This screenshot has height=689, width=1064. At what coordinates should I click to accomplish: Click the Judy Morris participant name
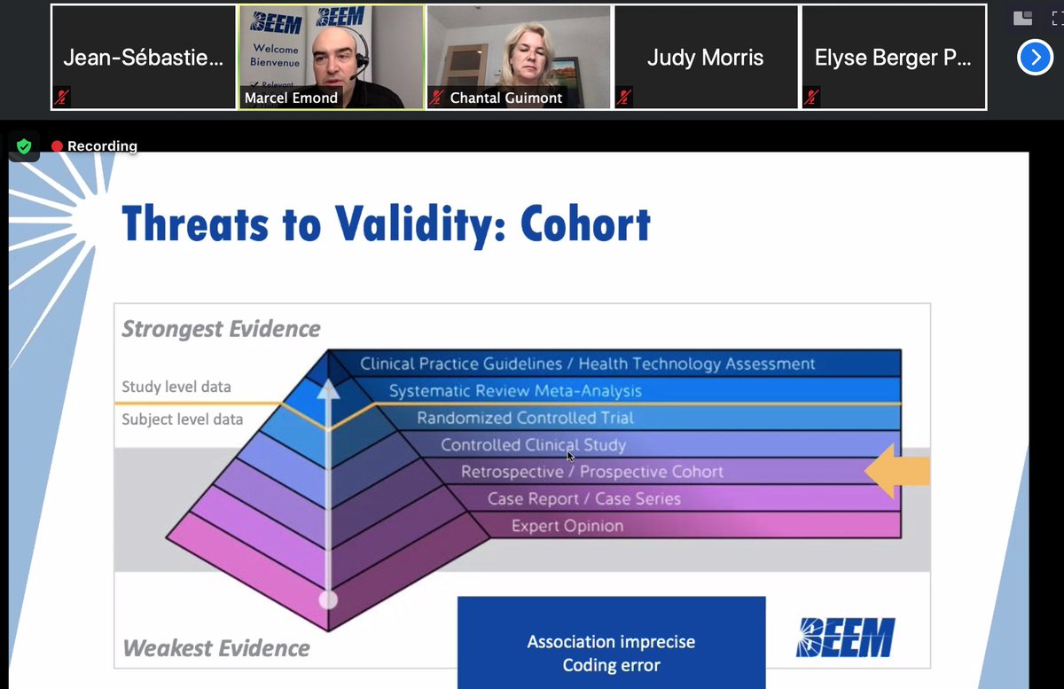(705, 59)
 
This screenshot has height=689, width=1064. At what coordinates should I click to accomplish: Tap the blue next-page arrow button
(1035, 58)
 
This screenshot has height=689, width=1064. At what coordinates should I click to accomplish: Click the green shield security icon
(24, 146)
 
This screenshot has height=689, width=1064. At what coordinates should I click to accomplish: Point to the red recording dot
(58, 146)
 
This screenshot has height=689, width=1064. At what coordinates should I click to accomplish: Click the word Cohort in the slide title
(585, 223)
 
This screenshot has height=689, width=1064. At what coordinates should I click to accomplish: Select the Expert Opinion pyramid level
(567, 526)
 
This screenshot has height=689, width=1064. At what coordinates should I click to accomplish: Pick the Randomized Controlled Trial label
(526, 418)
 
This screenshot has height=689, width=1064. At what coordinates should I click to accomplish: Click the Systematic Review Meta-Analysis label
(515, 391)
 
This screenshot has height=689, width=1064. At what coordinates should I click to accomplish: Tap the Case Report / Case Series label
(584, 499)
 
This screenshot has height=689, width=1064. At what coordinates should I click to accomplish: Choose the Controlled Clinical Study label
(534, 445)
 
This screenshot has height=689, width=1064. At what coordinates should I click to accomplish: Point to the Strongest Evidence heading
(221, 329)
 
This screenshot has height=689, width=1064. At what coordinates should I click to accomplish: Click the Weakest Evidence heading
(216, 648)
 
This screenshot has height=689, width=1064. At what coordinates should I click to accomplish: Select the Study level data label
(176, 387)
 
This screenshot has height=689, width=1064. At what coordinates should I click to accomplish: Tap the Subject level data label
(182, 419)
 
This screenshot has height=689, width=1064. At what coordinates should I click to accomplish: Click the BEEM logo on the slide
(845, 638)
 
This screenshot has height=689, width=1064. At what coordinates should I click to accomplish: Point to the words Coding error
(611, 665)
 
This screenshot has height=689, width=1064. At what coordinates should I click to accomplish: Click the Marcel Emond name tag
(291, 98)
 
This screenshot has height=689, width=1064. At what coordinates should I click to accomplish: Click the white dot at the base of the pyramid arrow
(328, 599)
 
